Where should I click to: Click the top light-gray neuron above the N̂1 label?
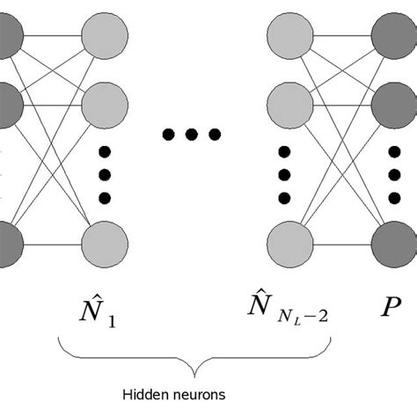[106, 37]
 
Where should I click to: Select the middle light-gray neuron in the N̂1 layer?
[106, 105]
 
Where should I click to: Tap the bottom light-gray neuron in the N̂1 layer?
[106, 242]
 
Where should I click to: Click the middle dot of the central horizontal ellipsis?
[192, 135]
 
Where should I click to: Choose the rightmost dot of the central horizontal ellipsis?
[214, 135]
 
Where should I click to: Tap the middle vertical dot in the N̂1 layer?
[106, 173]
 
